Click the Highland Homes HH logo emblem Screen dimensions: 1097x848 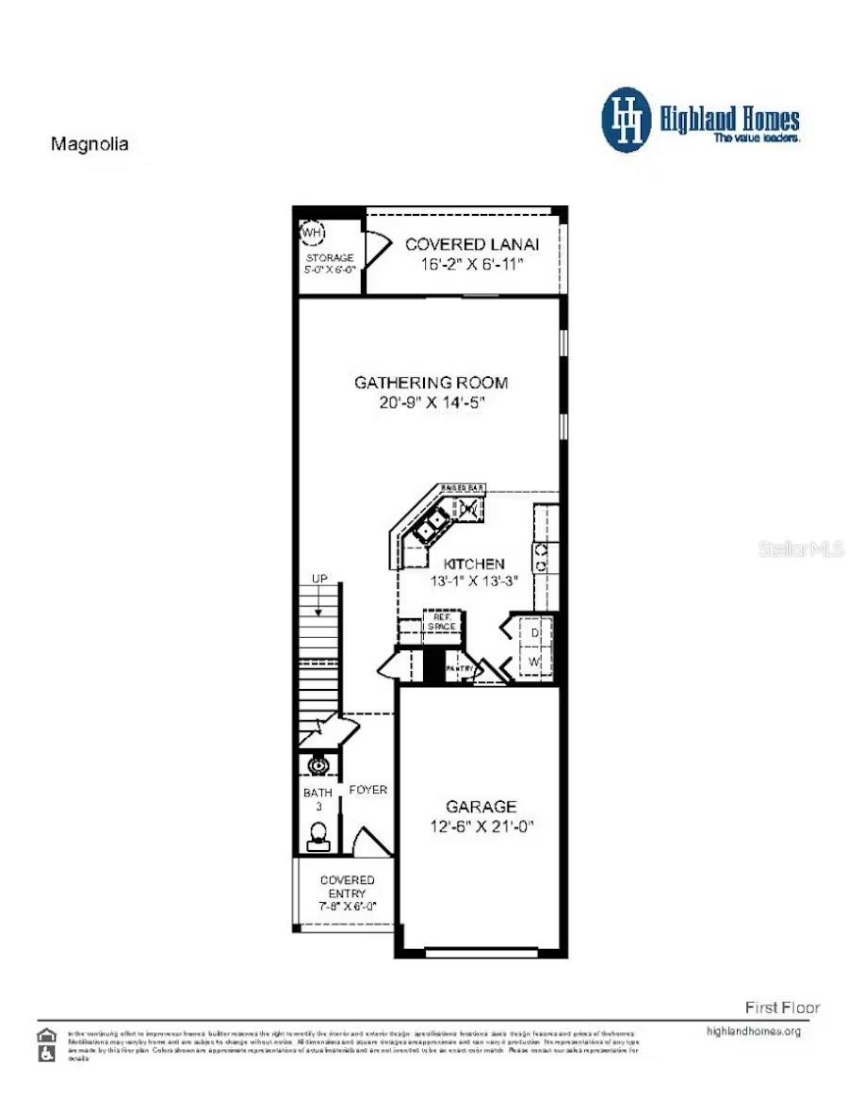tap(626, 120)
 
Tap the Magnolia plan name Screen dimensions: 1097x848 tap(90, 145)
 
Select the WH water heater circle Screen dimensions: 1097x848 tap(311, 231)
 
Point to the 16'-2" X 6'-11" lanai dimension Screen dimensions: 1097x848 tap(471, 265)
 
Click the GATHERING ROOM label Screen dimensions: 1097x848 tap(431, 383)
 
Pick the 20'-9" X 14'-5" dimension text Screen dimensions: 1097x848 tap(432, 402)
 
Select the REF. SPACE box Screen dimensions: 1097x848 tap(438, 623)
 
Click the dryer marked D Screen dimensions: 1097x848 tap(533, 632)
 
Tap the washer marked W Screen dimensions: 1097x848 tap(533, 663)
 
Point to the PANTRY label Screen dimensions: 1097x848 tap(459, 668)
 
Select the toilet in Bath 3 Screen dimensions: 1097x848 tap(318, 833)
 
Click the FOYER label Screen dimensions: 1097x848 tap(367, 790)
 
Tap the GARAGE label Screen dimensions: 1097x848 tap(481, 807)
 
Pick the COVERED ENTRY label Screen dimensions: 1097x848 tap(347, 886)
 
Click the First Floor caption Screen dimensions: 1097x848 tap(781, 1007)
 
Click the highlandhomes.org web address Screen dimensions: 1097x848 tap(753, 1031)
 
